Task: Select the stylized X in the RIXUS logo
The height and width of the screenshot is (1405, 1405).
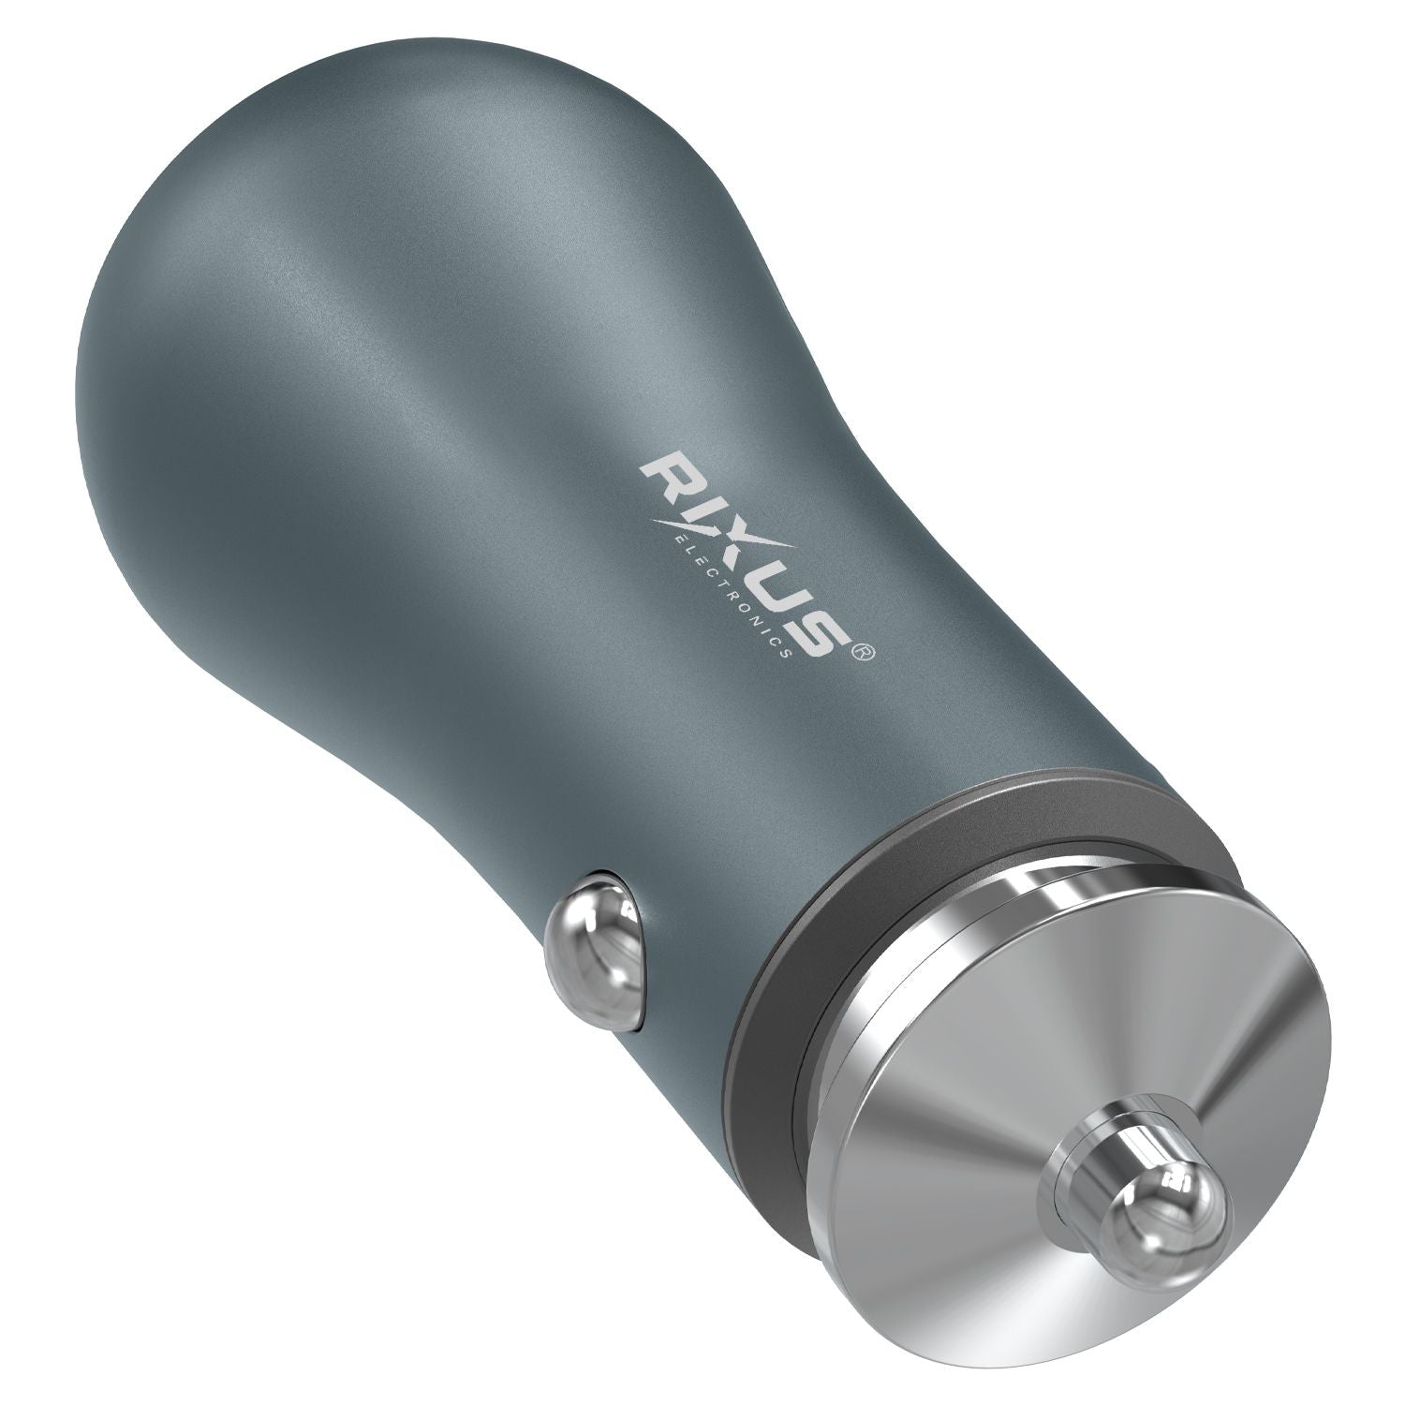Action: click(x=734, y=538)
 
